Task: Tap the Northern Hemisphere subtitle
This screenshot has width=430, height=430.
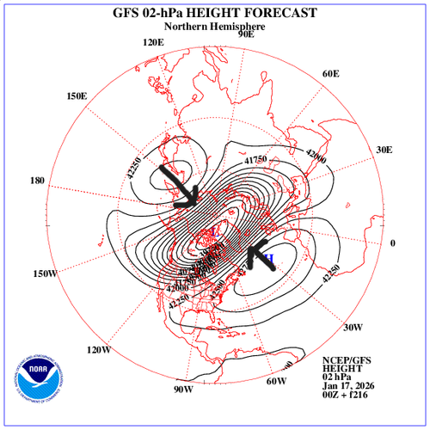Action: tap(215, 27)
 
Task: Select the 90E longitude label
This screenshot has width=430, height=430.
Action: tap(246, 34)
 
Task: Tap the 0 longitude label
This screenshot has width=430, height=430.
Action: tap(393, 243)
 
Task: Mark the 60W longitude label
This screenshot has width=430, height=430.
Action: tap(276, 381)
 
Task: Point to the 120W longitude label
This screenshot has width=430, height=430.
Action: tap(99, 350)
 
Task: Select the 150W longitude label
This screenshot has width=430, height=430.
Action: tap(46, 274)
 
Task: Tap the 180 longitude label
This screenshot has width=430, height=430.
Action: tap(36, 181)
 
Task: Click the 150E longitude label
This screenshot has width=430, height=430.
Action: tap(76, 95)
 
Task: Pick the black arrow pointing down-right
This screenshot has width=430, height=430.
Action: tap(179, 185)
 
